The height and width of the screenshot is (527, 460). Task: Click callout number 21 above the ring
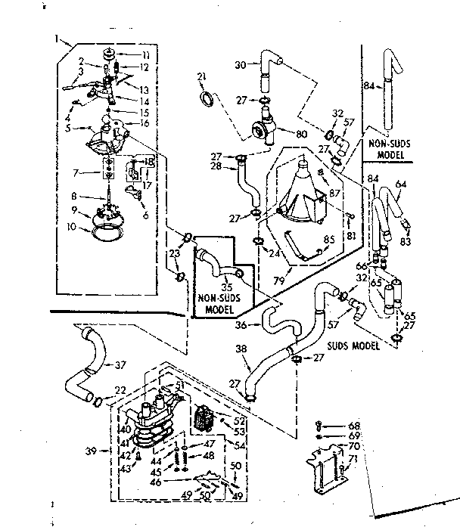click(x=201, y=76)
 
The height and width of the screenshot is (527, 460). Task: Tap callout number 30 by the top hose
click(x=240, y=66)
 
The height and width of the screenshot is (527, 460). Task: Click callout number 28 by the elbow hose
click(x=216, y=165)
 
